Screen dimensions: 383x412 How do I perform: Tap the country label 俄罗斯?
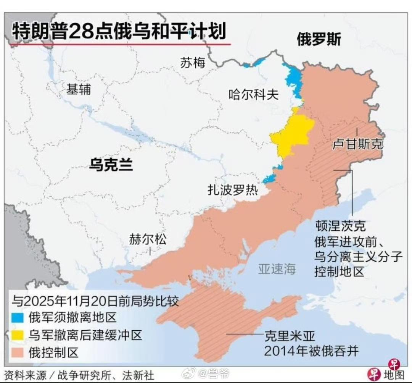[x=319, y=39]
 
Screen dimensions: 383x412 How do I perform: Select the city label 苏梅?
[x=193, y=63]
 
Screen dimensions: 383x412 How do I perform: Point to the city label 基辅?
[x=79, y=89]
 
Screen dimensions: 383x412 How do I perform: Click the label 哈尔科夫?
[x=253, y=94]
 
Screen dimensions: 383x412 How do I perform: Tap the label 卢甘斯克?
[x=357, y=144]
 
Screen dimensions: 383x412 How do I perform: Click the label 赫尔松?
[x=148, y=239]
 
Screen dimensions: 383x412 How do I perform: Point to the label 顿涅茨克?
[x=340, y=226]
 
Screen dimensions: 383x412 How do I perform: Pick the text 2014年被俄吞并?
[x=311, y=351]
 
